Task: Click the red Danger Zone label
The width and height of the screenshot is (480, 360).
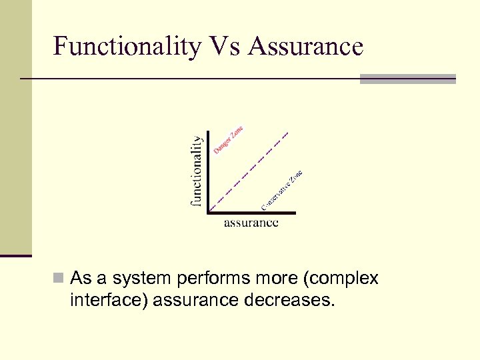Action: click(x=228, y=140)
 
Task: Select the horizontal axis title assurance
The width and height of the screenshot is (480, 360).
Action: click(x=251, y=223)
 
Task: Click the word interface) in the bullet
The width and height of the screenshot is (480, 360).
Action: click(x=108, y=301)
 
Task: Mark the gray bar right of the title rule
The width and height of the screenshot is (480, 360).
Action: click(x=407, y=79)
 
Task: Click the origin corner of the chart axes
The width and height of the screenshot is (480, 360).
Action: click(x=209, y=213)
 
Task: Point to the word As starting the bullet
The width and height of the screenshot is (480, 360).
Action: click(x=81, y=278)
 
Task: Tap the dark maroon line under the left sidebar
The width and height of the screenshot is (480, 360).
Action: click(x=16, y=255)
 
